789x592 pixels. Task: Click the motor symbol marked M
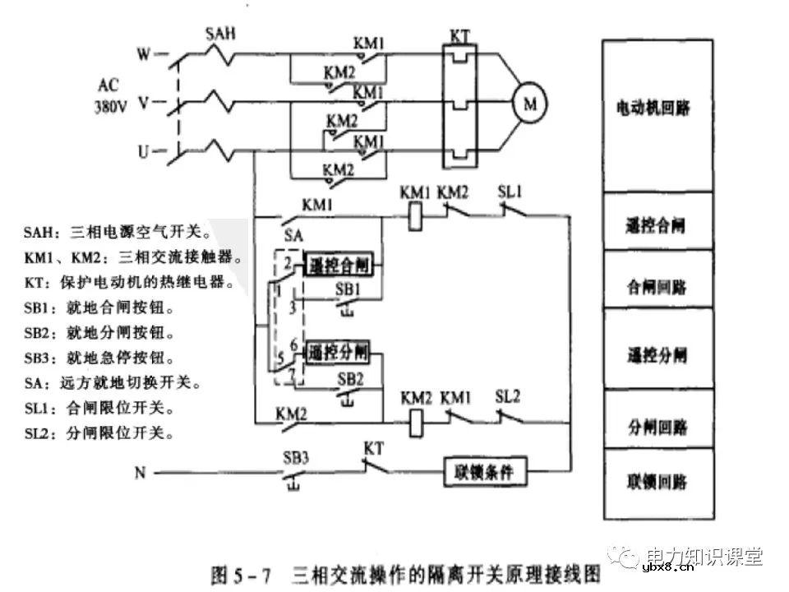click(x=529, y=103)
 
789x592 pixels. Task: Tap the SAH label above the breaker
click(x=220, y=34)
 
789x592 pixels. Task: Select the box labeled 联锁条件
click(x=485, y=473)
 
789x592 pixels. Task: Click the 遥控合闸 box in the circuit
click(x=341, y=266)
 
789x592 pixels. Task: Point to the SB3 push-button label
click(x=296, y=457)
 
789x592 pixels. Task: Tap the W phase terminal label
click(x=143, y=55)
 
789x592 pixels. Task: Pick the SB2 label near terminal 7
click(x=351, y=379)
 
